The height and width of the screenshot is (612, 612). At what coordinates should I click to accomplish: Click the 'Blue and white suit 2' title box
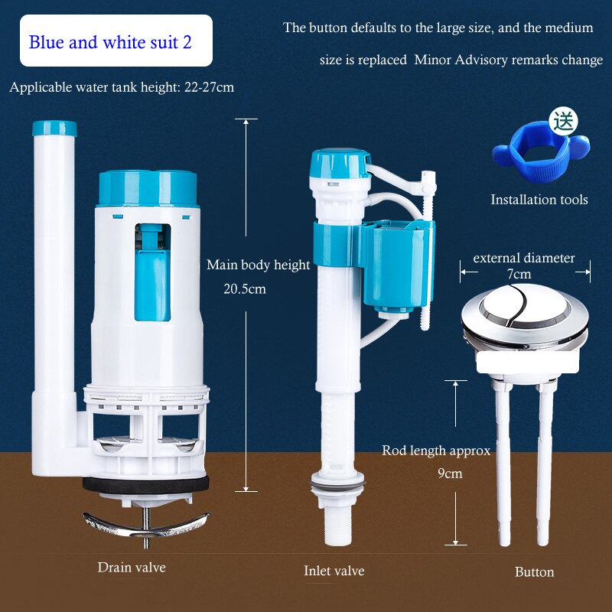(x=110, y=41)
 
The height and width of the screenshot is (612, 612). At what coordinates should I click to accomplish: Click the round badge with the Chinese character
(x=564, y=120)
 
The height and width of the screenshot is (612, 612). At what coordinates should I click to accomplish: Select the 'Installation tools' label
(x=539, y=200)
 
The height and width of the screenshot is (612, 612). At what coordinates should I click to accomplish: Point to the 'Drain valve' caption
(x=132, y=568)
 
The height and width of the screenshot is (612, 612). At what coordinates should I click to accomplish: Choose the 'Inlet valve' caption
(x=334, y=571)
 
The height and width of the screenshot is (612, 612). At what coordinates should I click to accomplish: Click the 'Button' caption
(x=534, y=571)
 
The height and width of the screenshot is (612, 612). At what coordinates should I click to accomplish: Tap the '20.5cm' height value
(x=245, y=289)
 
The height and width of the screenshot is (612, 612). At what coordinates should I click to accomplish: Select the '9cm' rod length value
(x=450, y=473)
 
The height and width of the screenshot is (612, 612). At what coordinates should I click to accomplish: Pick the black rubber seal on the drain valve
(x=145, y=485)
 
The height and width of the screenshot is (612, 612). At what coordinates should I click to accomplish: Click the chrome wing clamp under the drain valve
(x=145, y=525)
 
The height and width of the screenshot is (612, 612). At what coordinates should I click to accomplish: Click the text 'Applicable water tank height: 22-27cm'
(x=122, y=87)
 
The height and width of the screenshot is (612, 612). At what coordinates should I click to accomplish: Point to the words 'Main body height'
(x=259, y=265)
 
